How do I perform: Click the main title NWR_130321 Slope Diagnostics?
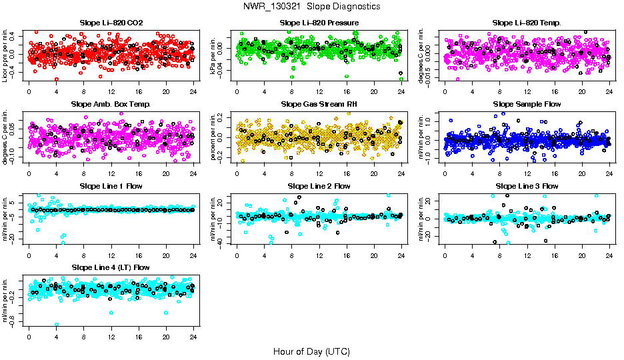click(311, 6)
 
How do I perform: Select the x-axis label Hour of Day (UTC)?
click(311, 351)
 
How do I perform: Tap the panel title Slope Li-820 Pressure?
click(319, 23)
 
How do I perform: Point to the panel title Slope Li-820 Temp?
click(527, 23)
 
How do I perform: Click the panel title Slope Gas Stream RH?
click(319, 104)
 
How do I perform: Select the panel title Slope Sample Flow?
click(527, 104)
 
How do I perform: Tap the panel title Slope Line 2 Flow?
click(319, 186)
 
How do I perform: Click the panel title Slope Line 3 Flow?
click(527, 186)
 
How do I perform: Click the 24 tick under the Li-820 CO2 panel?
click(193, 91)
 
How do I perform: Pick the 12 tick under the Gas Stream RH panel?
click(319, 173)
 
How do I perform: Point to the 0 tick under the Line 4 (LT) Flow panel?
click(29, 336)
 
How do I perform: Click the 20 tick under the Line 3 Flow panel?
click(582, 255)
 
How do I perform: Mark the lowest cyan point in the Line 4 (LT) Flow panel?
click(57, 325)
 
